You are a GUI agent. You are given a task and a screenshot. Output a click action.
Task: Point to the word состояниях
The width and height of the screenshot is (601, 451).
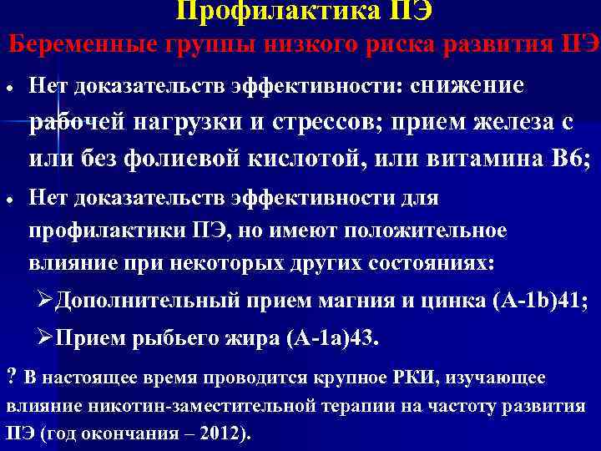point(428,261)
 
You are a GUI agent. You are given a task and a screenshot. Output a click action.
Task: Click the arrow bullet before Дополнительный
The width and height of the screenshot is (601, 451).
point(48,300)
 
